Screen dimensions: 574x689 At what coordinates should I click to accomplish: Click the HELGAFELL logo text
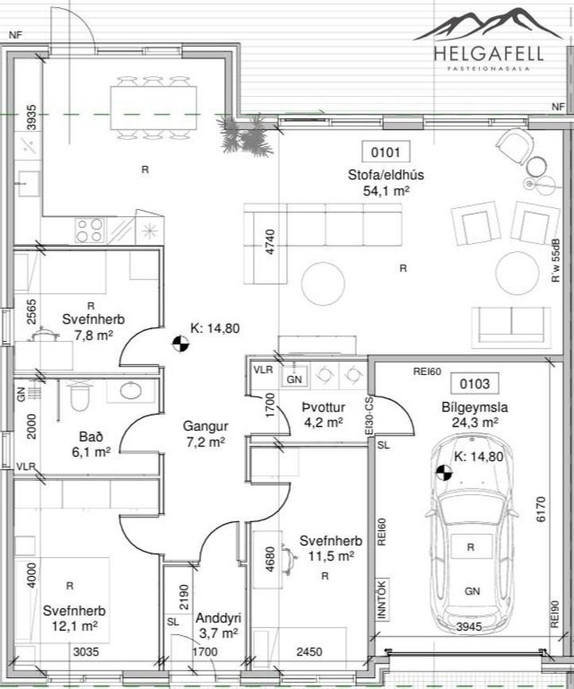click(x=488, y=53)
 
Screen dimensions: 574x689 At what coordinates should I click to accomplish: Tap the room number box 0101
click(x=386, y=152)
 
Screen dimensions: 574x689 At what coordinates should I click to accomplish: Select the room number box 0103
click(x=475, y=384)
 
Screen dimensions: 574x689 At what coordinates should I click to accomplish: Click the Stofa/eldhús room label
click(x=386, y=175)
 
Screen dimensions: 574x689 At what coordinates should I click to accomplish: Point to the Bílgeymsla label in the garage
click(x=475, y=407)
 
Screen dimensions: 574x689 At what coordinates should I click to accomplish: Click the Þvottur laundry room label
click(x=324, y=408)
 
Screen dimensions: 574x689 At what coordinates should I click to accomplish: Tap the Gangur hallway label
click(x=206, y=426)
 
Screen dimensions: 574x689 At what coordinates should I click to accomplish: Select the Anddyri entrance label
click(x=219, y=617)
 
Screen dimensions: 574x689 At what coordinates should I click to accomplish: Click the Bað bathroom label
click(x=91, y=436)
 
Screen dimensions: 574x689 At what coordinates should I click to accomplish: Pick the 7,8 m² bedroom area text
click(x=94, y=335)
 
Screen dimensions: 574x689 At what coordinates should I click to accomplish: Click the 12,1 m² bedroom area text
click(x=74, y=625)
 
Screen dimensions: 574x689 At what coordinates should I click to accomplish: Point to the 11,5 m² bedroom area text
click(x=331, y=556)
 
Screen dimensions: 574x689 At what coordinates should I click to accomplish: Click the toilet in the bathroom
click(x=80, y=396)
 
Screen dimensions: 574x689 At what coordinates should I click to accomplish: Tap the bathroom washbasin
click(x=131, y=391)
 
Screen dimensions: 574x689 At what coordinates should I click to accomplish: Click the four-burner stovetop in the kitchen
click(x=90, y=230)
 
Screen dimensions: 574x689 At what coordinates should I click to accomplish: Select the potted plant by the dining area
click(x=244, y=135)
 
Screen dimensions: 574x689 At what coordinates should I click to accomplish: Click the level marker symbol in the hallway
click(x=180, y=343)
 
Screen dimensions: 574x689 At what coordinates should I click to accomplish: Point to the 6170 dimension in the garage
click(x=541, y=509)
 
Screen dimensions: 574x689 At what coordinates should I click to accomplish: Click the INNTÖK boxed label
click(x=382, y=599)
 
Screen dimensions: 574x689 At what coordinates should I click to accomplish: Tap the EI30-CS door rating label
click(x=369, y=416)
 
